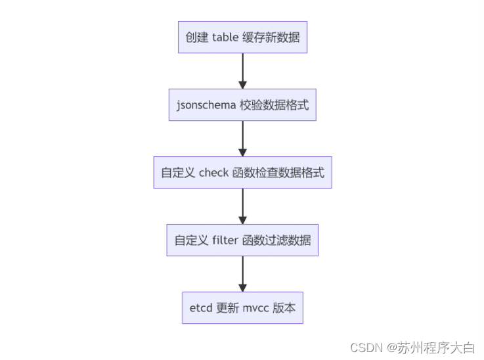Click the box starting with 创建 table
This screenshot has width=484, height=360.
[x=242, y=37]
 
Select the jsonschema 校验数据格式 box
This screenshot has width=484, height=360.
[x=242, y=105]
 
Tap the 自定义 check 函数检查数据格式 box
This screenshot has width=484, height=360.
[x=242, y=173]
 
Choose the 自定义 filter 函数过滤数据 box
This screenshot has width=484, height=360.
[x=242, y=240]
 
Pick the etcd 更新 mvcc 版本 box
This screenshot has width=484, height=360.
[x=242, y=308]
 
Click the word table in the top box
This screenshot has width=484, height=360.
[x=226, y=37]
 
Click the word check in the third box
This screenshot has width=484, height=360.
[x=214, y=173]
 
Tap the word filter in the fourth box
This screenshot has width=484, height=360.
[x=226, y=240]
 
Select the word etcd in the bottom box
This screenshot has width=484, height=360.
[x=201, y=308]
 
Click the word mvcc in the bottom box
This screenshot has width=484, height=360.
[x=256, y=308]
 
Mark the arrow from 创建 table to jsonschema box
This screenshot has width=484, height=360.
[x=242, y=70]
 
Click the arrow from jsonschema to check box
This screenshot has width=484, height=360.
[x=242, y=138]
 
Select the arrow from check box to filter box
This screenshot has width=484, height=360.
[x=242, y=206]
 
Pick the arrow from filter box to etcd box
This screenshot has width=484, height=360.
[x=242, y=273]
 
